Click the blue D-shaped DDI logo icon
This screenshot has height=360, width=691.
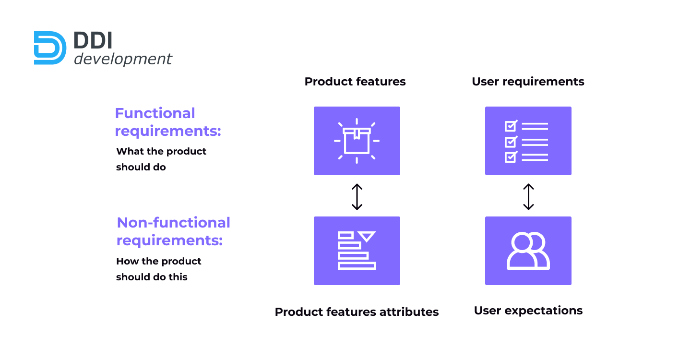(x=50, y=48)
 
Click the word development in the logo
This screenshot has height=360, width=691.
(x=123, y=59)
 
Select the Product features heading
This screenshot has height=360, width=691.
(x=355, y=82)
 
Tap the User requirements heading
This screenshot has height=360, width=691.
(x=528, y=82)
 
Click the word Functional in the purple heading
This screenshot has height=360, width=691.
(x=155, y=113)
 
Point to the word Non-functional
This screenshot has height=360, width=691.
(x=173, y=222)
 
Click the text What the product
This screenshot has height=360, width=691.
(x=161, y=152)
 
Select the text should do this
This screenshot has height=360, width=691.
(x=152, y=276)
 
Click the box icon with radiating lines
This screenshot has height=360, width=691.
(x=357, y=141)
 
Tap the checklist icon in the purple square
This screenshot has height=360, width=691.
(x=526, y=141)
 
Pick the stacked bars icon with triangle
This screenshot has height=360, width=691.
(x=357, y=251)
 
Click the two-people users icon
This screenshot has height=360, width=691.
(x=528, y=251)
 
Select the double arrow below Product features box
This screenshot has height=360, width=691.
(x=357, y=197)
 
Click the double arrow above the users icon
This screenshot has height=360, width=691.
(x=528, y=197)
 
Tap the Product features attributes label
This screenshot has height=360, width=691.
(x=357, y=312)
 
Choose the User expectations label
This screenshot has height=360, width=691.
(x=528, y=311)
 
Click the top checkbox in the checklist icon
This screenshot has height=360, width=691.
(x=511, y=126)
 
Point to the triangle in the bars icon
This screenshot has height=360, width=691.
(x=367, y=236)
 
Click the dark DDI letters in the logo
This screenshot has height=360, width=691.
(x=93, y=40)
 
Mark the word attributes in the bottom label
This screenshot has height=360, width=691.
(x=409, y=312)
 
